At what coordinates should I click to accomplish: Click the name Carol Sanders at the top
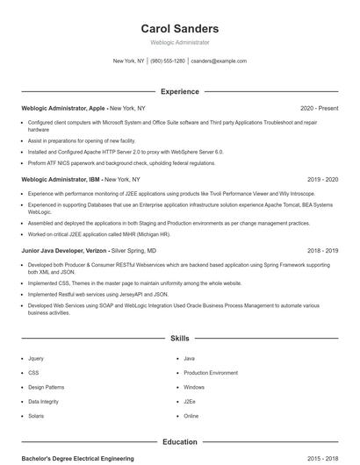[179, 29]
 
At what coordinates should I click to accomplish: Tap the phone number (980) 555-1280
[168, 61]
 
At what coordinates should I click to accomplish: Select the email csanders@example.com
[219, 61]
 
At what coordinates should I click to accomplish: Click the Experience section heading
[179, 91]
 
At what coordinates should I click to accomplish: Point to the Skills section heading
[179, 338]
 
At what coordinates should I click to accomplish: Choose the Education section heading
[179, 442]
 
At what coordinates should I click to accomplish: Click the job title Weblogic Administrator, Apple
[65, 108]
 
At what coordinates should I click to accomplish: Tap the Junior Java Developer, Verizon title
[65, 250]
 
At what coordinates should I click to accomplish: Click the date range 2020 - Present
[319, 108]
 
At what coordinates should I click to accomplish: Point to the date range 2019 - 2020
[322, 179]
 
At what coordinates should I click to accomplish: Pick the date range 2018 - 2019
[322, 250]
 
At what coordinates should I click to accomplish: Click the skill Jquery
[36, 359]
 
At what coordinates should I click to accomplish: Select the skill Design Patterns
[46, 387]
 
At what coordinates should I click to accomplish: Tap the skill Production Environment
[211, 373]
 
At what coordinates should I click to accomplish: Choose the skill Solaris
[36, 416]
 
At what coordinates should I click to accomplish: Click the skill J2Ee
[190, 402]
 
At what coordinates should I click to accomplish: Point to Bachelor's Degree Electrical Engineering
[77, 459]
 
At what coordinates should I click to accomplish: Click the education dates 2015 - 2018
[322, 459]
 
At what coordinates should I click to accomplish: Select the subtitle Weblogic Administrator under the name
[179, 42]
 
